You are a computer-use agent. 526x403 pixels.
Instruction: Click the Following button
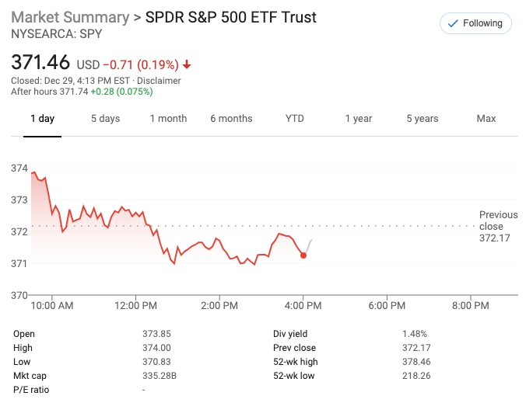click(475, 23)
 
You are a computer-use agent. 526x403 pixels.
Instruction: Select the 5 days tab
click(105, 119)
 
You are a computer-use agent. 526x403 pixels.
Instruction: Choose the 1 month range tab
click(168, 119)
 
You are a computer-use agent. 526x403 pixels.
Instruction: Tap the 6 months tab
click(231, 119)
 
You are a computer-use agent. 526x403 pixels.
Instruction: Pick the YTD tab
click(294, 119)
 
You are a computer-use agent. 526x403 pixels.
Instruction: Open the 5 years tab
click(422, 119)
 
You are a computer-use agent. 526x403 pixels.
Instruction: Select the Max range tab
click(486, 119)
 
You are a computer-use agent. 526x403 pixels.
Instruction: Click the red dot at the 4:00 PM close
click(303, 255)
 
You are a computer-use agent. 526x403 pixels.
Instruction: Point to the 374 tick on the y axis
click(19, 168)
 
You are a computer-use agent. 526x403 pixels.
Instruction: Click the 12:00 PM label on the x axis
click(136, 306)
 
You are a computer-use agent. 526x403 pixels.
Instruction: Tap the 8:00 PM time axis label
click(470, 306)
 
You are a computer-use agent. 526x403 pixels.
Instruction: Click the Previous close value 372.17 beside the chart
click(495, 238)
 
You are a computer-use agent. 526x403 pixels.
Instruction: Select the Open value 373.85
click(156, 334)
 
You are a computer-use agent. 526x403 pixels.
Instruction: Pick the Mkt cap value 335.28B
click(159, 376)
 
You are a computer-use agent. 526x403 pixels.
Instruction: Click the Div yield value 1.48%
click(415, 334)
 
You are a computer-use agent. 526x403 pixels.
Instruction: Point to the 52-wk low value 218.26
click(416, 376)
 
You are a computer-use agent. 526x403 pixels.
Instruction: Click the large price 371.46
click(40, 62)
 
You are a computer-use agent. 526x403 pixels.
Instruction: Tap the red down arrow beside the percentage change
click(187, 64)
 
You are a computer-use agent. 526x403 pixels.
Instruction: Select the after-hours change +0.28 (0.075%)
click(121, 92)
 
